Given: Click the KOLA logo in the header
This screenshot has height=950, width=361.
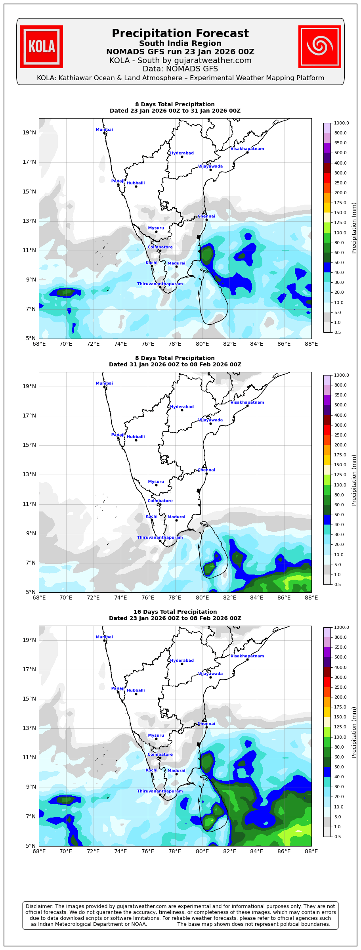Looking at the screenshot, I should pos(42,47).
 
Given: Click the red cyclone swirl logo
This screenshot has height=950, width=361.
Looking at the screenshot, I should pos(319,47).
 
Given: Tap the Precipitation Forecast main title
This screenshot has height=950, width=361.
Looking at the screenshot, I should pos(180,34).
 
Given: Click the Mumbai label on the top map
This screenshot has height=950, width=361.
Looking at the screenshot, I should pos(104,130).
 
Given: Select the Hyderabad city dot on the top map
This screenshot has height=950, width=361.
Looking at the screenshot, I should pos(182,157).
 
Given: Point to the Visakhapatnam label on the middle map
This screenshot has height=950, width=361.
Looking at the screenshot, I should pos(247,402).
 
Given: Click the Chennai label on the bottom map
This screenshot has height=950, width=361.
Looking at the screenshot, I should pos(206,724).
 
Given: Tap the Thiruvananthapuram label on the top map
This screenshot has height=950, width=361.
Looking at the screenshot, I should pos(160,284).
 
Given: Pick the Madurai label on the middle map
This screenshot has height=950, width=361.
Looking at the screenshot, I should pos(176,517).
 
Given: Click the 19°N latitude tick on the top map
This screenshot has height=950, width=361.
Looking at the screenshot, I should pos(29,132).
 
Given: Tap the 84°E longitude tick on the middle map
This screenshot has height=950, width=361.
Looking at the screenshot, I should pos(257,598).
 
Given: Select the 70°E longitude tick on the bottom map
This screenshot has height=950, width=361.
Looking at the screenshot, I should pos(66,851).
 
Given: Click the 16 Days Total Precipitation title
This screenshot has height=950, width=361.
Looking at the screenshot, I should pos(175,612).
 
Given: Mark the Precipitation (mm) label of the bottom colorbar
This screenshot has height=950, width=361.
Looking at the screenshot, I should pos(354,732).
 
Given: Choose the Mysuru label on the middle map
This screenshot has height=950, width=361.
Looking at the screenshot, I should pos(156,482).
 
